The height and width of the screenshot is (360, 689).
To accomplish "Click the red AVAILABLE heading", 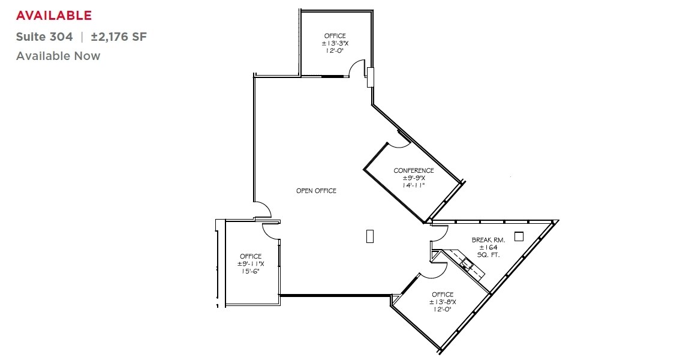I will [54, 15].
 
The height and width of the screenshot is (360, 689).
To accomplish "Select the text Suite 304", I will [44, 37].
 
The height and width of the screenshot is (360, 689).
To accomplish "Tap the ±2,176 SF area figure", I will [119, 37].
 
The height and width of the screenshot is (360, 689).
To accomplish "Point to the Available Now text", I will [58, 56].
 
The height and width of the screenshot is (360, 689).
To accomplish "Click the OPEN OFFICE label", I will [316, 191].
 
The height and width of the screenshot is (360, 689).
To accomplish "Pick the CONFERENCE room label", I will [413, 170].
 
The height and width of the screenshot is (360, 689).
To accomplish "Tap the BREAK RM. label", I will [488, 240].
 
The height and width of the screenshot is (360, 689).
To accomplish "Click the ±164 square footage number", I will [488, 247].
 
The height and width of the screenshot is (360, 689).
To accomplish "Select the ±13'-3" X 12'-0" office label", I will [335, 43].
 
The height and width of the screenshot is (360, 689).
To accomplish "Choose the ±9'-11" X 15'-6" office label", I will [250, 264].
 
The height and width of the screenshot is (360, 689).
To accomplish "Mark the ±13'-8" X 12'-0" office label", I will [443, 302].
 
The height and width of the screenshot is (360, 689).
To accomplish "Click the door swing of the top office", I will [357, 67].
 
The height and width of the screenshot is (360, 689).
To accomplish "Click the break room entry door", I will [440, 232].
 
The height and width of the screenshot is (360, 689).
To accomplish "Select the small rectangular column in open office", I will [369, 236].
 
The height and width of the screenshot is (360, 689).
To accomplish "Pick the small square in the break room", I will [519, 236].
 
